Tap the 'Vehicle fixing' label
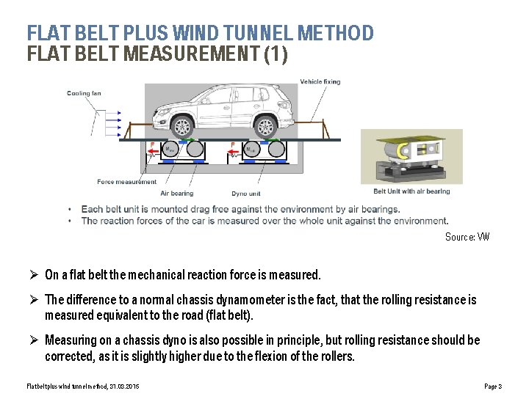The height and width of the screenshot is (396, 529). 320,81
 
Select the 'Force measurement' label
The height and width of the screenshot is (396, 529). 126,182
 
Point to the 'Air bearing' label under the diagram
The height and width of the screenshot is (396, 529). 176,194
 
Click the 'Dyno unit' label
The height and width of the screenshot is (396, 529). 245,194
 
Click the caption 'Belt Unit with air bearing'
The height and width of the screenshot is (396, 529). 411,191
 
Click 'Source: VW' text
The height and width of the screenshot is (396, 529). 467,237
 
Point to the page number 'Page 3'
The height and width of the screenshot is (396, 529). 493,386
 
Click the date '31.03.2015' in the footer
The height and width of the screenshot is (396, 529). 125,386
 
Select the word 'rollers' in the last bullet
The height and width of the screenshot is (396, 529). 335,357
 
